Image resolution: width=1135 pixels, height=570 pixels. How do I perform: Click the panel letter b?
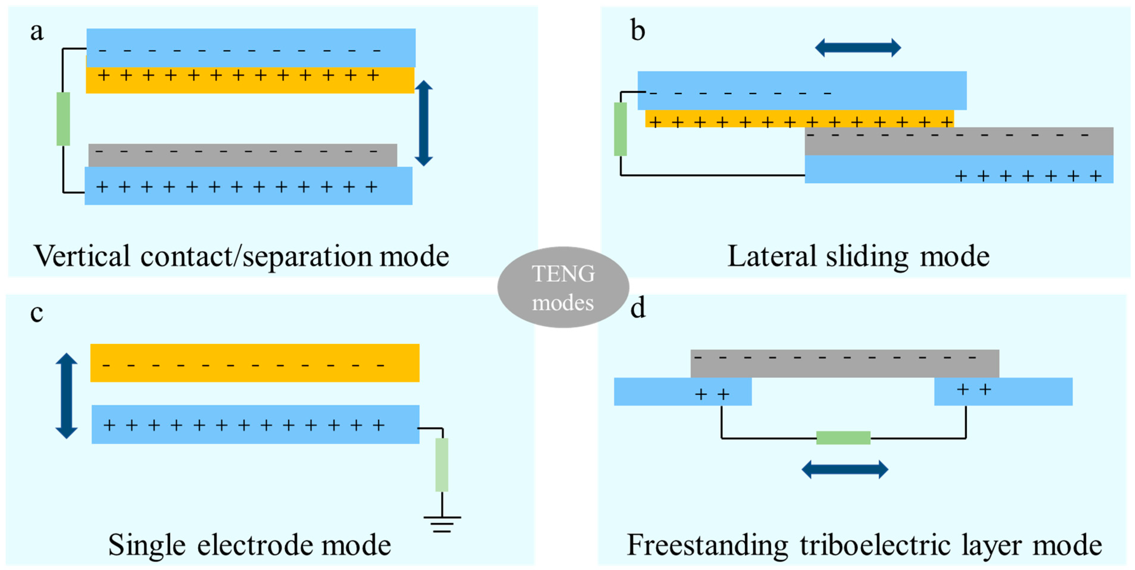click(637, 31)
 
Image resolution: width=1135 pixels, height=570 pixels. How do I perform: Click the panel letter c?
click(37, 313)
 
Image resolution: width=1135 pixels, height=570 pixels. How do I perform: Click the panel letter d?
click(637, 308)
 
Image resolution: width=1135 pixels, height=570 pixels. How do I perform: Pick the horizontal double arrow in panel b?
click(858, 48)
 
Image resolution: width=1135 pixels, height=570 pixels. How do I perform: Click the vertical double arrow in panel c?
click(66, 396)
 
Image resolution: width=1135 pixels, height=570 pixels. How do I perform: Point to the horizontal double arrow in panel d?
click(845, 469)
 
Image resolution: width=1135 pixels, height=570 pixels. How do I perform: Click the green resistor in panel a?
click(63, 119)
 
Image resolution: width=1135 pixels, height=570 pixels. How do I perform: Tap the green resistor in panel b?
click(620, 129)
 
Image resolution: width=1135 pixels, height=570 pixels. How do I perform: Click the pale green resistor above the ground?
click(442, 464)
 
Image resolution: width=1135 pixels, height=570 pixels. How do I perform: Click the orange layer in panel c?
click(255, 363)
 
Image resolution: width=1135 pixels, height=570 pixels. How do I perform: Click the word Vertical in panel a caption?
click(82, 256)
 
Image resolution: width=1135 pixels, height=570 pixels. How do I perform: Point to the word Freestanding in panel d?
click(707, 545)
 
